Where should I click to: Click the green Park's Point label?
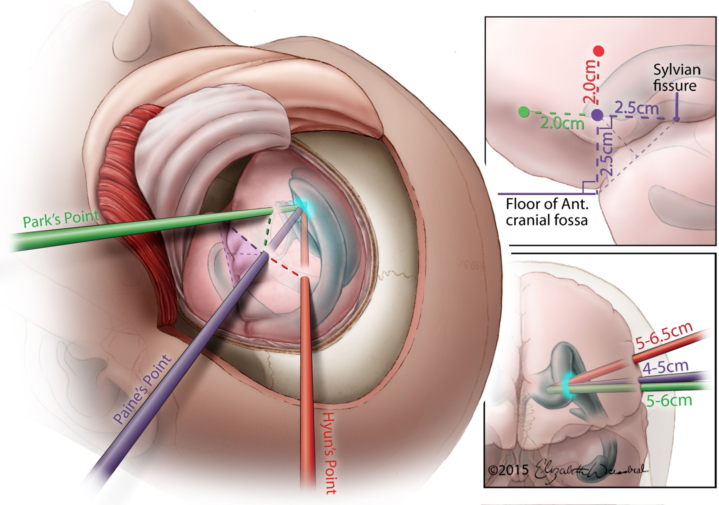[x=61, y=219]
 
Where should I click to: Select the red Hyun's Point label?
[x=329, y=453]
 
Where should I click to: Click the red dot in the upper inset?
[x=598, y=51]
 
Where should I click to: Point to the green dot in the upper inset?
[x=524, y=112]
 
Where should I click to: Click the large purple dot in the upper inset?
[x=597, y=114]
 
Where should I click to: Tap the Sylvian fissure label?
[x=676, y=78]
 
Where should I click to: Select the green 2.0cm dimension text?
[x=562, y=124]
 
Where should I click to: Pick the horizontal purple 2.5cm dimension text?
[x=636, y=108]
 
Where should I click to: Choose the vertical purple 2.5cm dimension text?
[x=607, y=155]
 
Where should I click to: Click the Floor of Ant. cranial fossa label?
[x=547, y=212]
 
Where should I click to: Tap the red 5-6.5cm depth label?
[x=664, y=336]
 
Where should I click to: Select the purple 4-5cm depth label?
[x=665, y=367]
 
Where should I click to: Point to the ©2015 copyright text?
[x=508, y=470]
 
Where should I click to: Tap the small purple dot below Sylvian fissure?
[x=676, y=119]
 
